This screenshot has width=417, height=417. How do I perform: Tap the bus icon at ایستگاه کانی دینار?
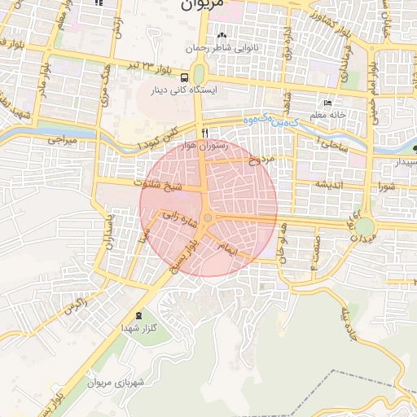pyautogui.click(x=184, y=77)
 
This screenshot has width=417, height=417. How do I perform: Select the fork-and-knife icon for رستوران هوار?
pyautogui.click(x=204, y=132)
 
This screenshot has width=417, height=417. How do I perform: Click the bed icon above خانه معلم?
pyautogui.click(x=328, y=103)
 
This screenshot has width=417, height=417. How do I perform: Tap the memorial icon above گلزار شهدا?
pyautogui.click(x=137, y=314)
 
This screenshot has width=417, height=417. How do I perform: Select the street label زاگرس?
pyautogui.click(x=75, y=309)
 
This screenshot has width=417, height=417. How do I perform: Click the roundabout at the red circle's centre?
pyautogui.click(x=208, y=218)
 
